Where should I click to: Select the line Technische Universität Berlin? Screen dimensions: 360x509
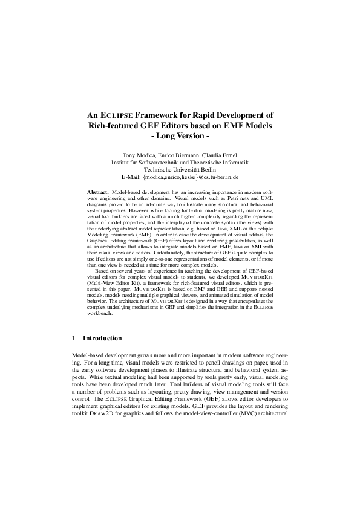coord(180,170)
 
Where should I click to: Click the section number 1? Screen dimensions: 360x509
coord(73,338)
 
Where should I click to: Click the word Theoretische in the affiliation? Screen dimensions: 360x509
coord(196,162)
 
